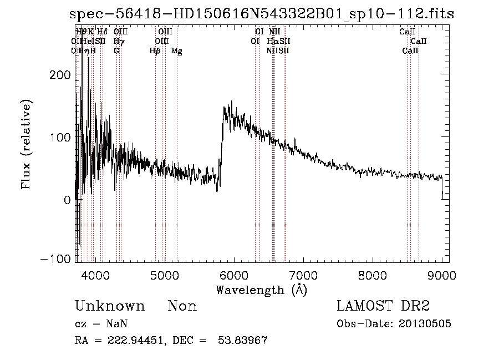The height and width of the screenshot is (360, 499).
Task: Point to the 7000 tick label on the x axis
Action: click(303, 275)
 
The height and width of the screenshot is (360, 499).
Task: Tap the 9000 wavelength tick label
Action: click(442, 275)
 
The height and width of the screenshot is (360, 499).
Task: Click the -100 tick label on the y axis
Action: click(58, 259)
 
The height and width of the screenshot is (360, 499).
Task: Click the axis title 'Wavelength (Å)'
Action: click(262, 290)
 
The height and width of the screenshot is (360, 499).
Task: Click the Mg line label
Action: click(176, 51)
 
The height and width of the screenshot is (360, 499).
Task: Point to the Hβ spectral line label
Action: click(155, 51)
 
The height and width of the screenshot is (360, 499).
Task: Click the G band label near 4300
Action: click(116, 51)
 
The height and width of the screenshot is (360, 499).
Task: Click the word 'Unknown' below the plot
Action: click(110, 306)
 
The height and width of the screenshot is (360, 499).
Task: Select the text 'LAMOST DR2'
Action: click(383, 306)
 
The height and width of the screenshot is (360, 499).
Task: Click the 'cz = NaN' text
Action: click(96, 324)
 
